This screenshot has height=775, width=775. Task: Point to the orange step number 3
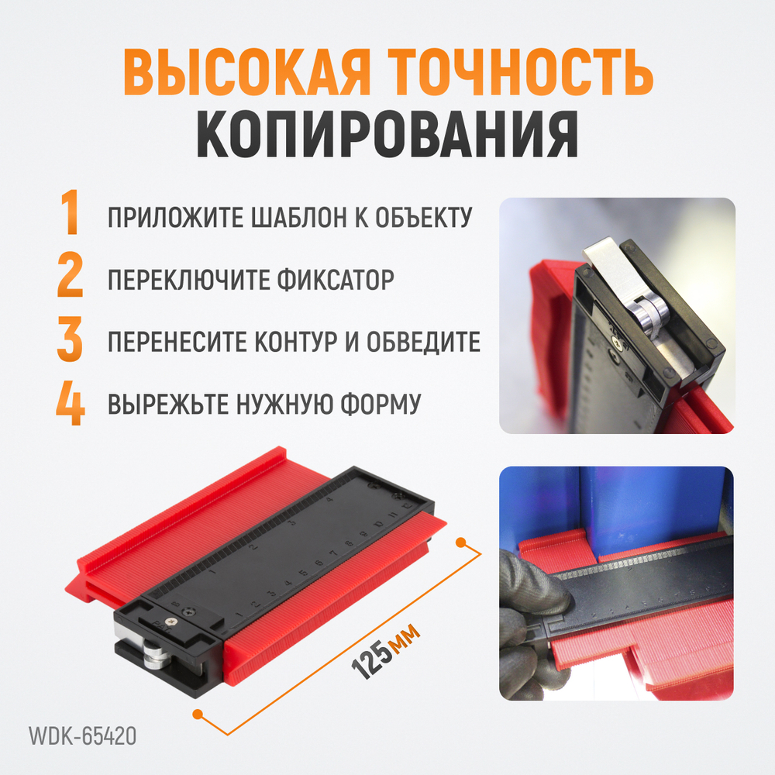71,341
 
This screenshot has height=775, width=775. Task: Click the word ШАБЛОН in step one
291,217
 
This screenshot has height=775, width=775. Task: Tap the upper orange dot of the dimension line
462,539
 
